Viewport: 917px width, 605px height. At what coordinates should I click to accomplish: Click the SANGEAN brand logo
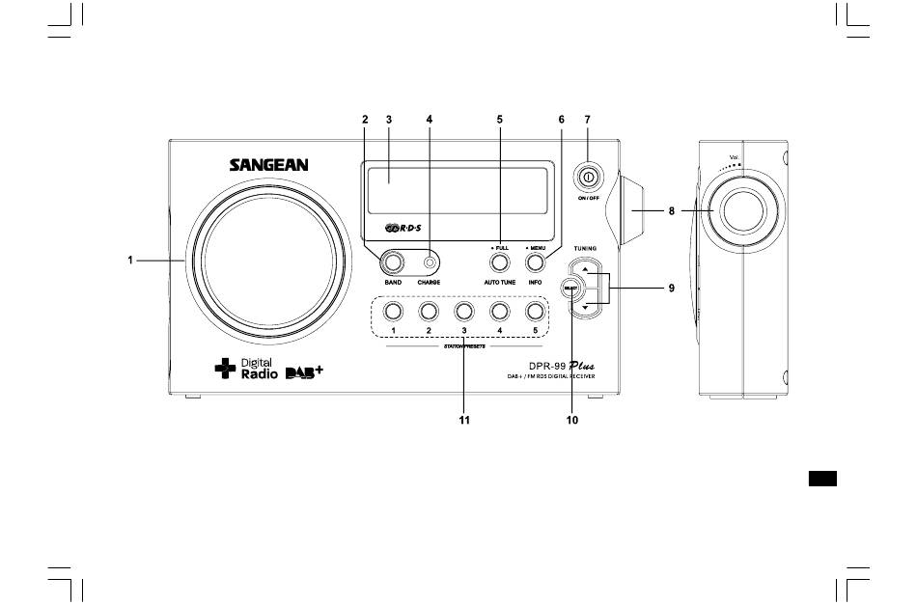(268, 165)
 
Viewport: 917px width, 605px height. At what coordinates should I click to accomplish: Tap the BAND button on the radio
(392, 261)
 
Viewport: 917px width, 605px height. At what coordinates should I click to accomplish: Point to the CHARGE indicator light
(429, 261)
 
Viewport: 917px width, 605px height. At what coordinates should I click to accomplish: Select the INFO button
(535, 261)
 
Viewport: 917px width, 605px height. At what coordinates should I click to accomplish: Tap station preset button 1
(392, 312)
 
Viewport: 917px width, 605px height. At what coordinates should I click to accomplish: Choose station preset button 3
(463, 312)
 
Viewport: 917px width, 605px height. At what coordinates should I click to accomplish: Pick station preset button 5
(535, 312)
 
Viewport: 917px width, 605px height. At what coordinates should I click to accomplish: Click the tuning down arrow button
(585, 309)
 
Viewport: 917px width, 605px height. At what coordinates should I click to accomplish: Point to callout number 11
(464, 420)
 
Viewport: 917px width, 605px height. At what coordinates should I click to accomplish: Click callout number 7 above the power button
(587, 120)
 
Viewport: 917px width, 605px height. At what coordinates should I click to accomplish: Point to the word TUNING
(584, 248)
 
